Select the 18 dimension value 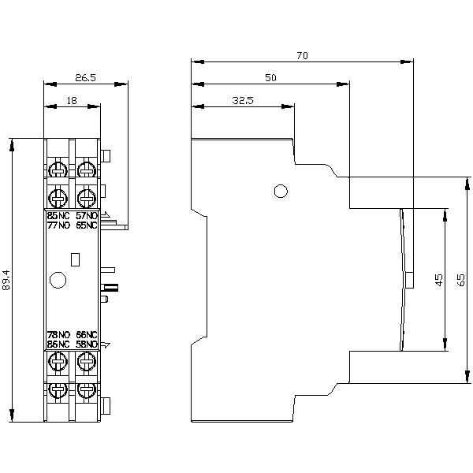[72, 101]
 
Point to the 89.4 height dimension [7, 281]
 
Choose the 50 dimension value [270, 78]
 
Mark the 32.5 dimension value [243, 101]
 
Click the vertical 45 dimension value [439, 279]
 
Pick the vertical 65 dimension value [461, 279]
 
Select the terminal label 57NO [87, 215]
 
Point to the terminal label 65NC [87, 225]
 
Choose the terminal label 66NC [87, 335]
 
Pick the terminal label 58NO [87, 345]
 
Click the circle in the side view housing [280, 191]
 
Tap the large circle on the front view [58, 279]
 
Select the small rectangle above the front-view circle [76, 258]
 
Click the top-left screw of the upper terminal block [58, 169]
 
